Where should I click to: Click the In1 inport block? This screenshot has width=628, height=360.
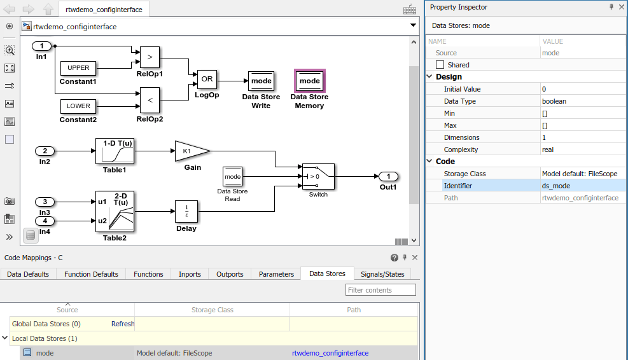pos(42,46)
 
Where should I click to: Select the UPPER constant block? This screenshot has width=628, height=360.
pos(78,68)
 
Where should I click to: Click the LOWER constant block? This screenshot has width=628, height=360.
pos(78,106)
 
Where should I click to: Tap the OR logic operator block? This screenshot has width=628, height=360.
pos(207,80)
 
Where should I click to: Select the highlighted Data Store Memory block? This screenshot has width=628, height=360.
pos(310,81)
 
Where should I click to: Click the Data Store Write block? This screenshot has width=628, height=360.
pos(261,81)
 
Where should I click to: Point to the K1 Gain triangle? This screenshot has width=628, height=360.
pos(190,151)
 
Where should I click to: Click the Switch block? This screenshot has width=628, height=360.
pos(318,176)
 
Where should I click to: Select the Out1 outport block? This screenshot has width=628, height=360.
pos(388,176)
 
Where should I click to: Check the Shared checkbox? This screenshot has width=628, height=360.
pos(440,65)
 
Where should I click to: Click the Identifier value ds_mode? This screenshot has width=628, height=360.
pos(555,186)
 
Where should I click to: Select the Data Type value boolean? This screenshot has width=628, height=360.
pos(554,101)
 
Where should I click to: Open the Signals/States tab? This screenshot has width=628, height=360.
pos(382,274)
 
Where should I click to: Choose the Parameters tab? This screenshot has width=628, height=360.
pos(276,274)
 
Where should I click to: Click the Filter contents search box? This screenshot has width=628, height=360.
pos(380,290)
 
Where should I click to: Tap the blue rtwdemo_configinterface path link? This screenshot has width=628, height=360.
pos(330,353)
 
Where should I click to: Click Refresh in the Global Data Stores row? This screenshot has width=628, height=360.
pos(123,324)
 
